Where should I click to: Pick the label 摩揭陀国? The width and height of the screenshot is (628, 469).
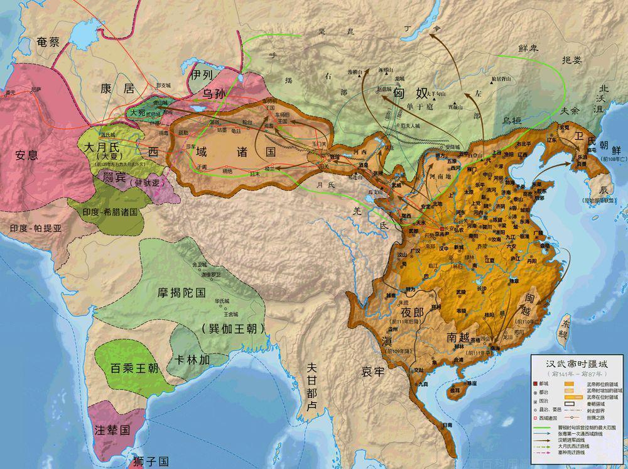click(x=182, y=292)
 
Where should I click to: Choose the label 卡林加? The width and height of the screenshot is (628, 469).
click(x=192, y=358)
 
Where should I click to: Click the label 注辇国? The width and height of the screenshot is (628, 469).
click(x=112, y=431)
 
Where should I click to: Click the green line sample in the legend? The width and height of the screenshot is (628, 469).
click(x=542, y=428)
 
